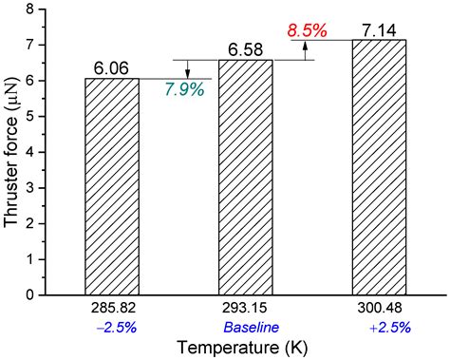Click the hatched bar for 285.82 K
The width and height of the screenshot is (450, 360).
112,186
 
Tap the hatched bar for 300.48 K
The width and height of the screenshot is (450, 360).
378,167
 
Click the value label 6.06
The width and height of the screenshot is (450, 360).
112,67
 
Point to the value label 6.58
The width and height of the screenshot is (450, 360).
245,48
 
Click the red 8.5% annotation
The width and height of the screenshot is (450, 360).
307,30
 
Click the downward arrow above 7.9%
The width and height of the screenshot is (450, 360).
186,69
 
